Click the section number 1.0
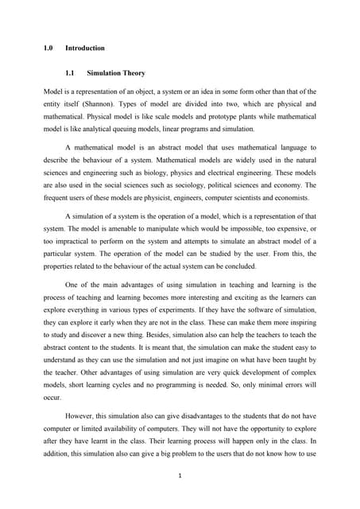point(48,49)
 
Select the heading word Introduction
point(84,49)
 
